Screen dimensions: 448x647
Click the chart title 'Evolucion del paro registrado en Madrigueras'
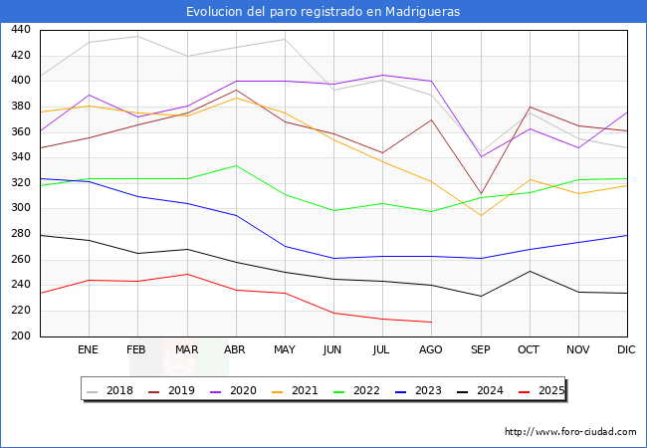(x=323, y=12)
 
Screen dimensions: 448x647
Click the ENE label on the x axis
(x=89, y=350)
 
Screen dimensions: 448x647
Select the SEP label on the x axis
(x=481, y=350)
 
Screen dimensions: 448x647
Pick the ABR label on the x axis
(x=236, y=350)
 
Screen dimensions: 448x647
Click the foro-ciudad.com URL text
(x=570, y=432)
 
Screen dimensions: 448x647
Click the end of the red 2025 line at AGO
(x=431, y=323)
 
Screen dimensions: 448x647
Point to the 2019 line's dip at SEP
(x=481, y=194)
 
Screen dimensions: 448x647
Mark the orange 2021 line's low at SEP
(x=481, y=216)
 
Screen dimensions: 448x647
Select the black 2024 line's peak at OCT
(x=530, y=271)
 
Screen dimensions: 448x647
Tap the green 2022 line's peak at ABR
(x=236, y=165)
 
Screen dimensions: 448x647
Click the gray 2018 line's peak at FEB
(x=137, y=36)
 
